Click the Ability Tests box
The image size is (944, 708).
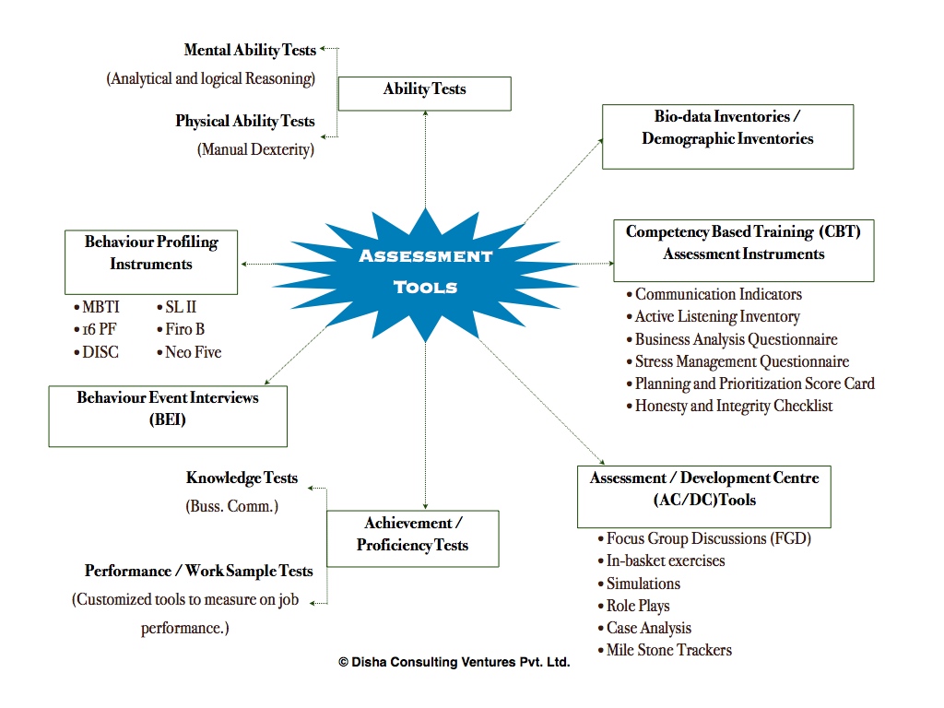click(x=424, y=90)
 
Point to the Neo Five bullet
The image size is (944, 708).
click(x=192, y=352)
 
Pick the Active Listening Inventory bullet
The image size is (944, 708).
click(x=717, y=316)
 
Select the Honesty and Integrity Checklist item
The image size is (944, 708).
click(x=733, y=406)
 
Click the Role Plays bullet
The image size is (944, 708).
click(x=637, y=606)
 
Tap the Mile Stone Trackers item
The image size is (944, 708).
click(x=668, y=650)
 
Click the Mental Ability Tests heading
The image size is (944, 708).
click(x=250, y=50)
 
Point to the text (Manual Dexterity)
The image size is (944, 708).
click(x=255, y=148)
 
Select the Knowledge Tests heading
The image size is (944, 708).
click(x=242, y=478)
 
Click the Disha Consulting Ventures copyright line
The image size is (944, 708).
click(x=454, y=662)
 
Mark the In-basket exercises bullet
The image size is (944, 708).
click(x=665, y=560)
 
